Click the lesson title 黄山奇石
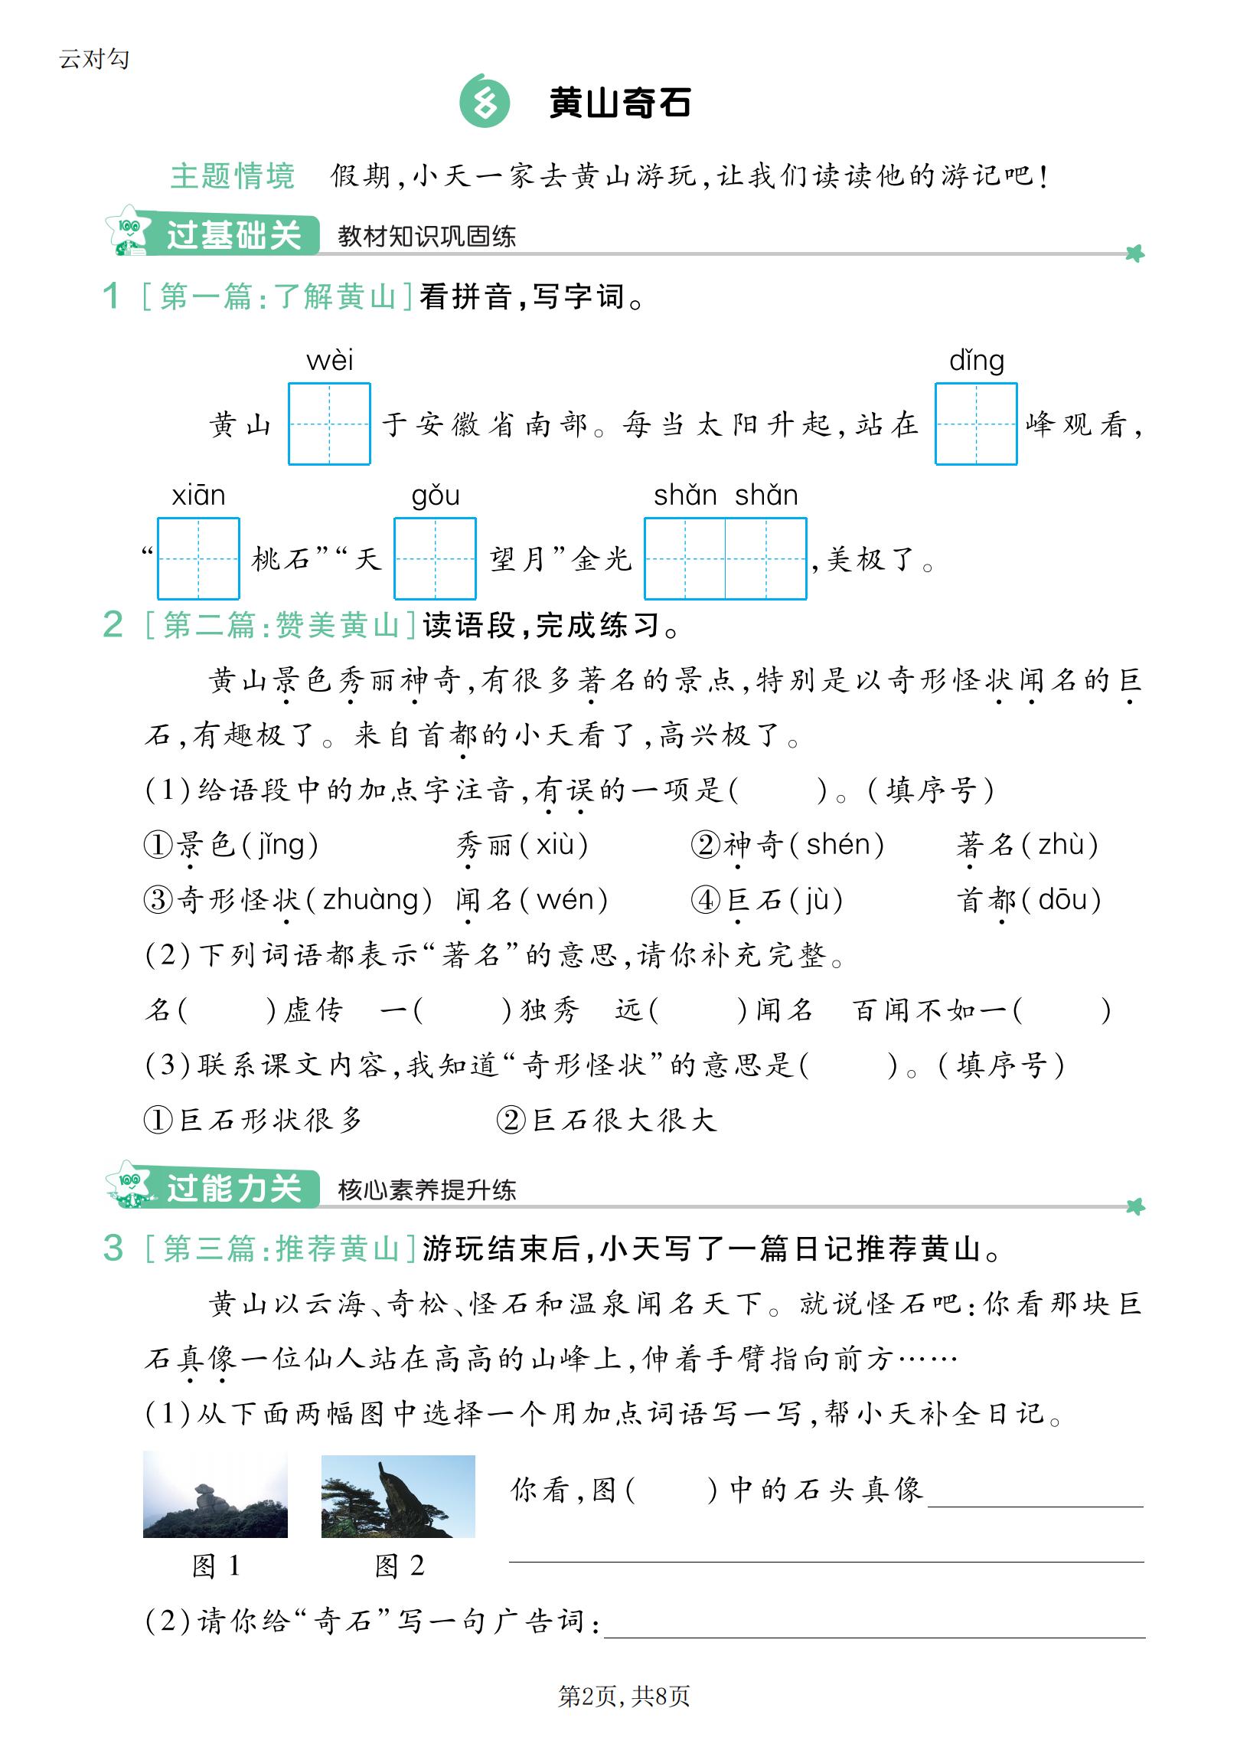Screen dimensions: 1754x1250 (619, 103)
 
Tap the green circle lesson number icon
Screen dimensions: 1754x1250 (484, 102)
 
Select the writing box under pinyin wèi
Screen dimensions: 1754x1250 (329, 424)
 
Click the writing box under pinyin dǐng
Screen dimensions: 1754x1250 (976, 424)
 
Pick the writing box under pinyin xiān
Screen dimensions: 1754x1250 (198, 558)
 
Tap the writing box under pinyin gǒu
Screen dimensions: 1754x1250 (435, 558)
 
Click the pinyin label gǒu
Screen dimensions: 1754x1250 (436, 495)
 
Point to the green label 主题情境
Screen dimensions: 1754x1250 (233, 176)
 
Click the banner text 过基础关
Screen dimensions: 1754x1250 (233, 235)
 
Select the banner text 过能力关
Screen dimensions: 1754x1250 (233, 1188)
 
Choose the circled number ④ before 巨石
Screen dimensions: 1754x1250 (706, 899)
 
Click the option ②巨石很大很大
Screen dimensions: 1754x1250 (606, 1120)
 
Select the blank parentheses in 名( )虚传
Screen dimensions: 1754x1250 (227, 1010)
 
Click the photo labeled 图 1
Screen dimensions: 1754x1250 (216, 1494)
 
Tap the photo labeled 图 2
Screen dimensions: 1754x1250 (398, 1496)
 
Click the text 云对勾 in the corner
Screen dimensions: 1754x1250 (94, 58)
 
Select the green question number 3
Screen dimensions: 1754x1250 (113, 1248)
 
